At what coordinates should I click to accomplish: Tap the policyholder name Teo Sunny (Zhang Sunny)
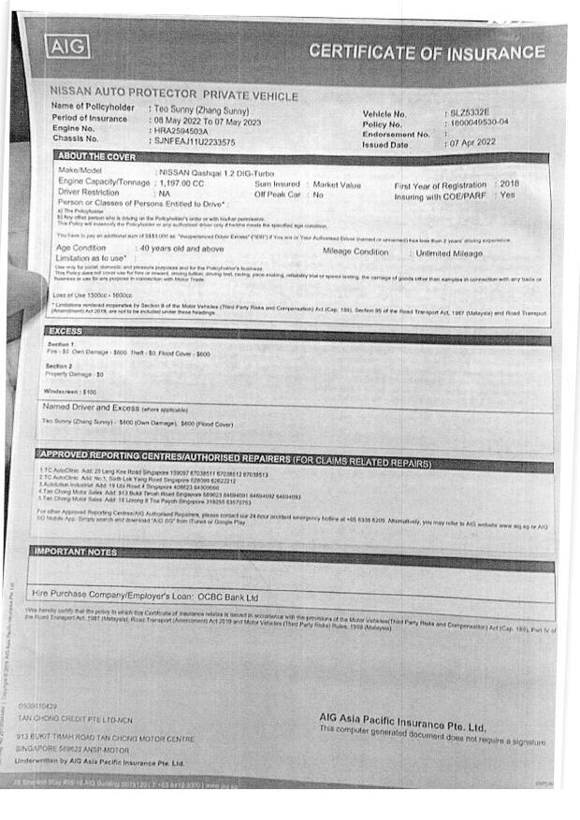(200, 109)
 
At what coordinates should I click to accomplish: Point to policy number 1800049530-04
(479, 123)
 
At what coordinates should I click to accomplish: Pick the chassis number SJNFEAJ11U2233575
(196, 142)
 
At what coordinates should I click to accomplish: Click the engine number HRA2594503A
(181, 131)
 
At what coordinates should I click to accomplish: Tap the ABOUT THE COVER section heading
(95, 156)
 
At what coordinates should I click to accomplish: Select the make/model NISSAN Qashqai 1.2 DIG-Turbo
(217, 173)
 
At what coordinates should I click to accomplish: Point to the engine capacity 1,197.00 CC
(182, 184)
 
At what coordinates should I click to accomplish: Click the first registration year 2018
(509, 184)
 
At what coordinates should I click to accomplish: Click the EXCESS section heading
(67, 331)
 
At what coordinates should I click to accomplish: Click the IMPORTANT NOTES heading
(76, 552)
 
